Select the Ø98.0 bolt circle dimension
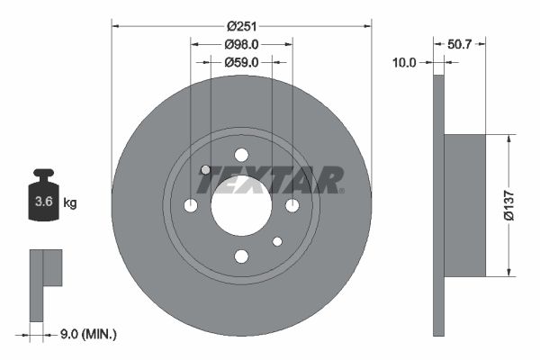pos(241,44)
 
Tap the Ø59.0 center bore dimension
pos(241,62)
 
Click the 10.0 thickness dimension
pos(405,62)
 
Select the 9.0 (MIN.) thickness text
pos(87,334)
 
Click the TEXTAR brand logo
pos(270,180)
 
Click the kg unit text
pos(70,203)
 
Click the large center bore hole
pos(241,205)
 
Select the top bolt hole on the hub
pos(241,155)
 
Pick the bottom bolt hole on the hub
pos(241,256)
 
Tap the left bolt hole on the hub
pos(191,206)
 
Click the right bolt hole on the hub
pos(292,206)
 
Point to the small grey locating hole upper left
pos(205,169)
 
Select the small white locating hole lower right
pos(277,241)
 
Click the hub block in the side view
pos(465,205)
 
